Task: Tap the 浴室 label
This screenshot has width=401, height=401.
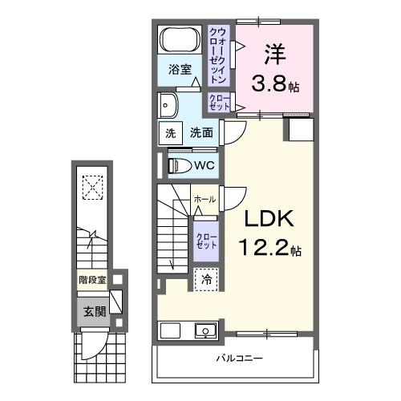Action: click(179, 70)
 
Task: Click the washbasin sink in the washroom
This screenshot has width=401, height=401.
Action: click(168, 104)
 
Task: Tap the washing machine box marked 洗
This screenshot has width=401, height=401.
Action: click(170, 133)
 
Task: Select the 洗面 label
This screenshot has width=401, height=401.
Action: click(200, 133)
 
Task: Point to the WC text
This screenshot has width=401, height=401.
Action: click(203, 166)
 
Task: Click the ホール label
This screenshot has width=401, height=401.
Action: click(204, 198)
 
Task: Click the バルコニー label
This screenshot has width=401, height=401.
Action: click(238, 358)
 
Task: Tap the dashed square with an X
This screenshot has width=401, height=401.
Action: click(94, 188)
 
